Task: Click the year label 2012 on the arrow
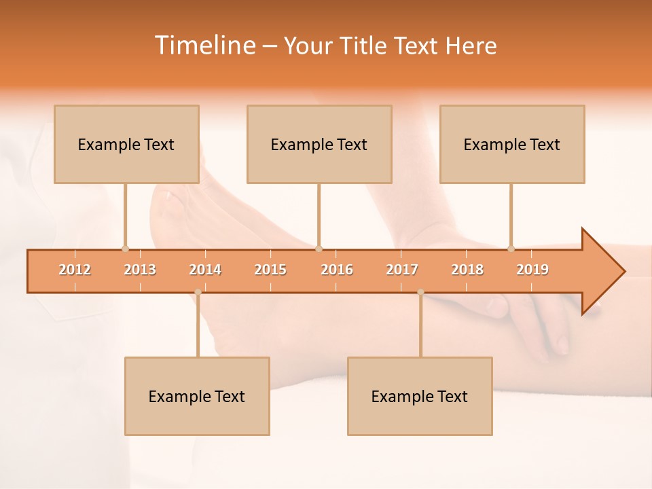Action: tap(75, 270)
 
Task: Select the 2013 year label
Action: tap(140, 270)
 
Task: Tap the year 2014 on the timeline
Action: tap(205, 270)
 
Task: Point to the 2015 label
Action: tap(270, 270)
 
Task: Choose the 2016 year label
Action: tap(337, 270)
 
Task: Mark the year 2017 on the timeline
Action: tap(402, 270)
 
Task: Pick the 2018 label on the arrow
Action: tap(467, 270)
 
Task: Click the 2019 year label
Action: tap(532, 270)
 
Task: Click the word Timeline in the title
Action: tap(204, 46)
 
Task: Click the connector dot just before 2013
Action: tap(125, 249)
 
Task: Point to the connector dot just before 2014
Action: tap(198, 292)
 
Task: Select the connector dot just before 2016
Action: tap(319, 249)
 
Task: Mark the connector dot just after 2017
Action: tap(420, 292)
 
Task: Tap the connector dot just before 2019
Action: tap(511, 249)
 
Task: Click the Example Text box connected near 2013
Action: tap(126, 144)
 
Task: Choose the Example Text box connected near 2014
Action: tap(197, 396)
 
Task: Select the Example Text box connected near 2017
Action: tap(420, 396)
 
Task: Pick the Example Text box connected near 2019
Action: tap(512, 144)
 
